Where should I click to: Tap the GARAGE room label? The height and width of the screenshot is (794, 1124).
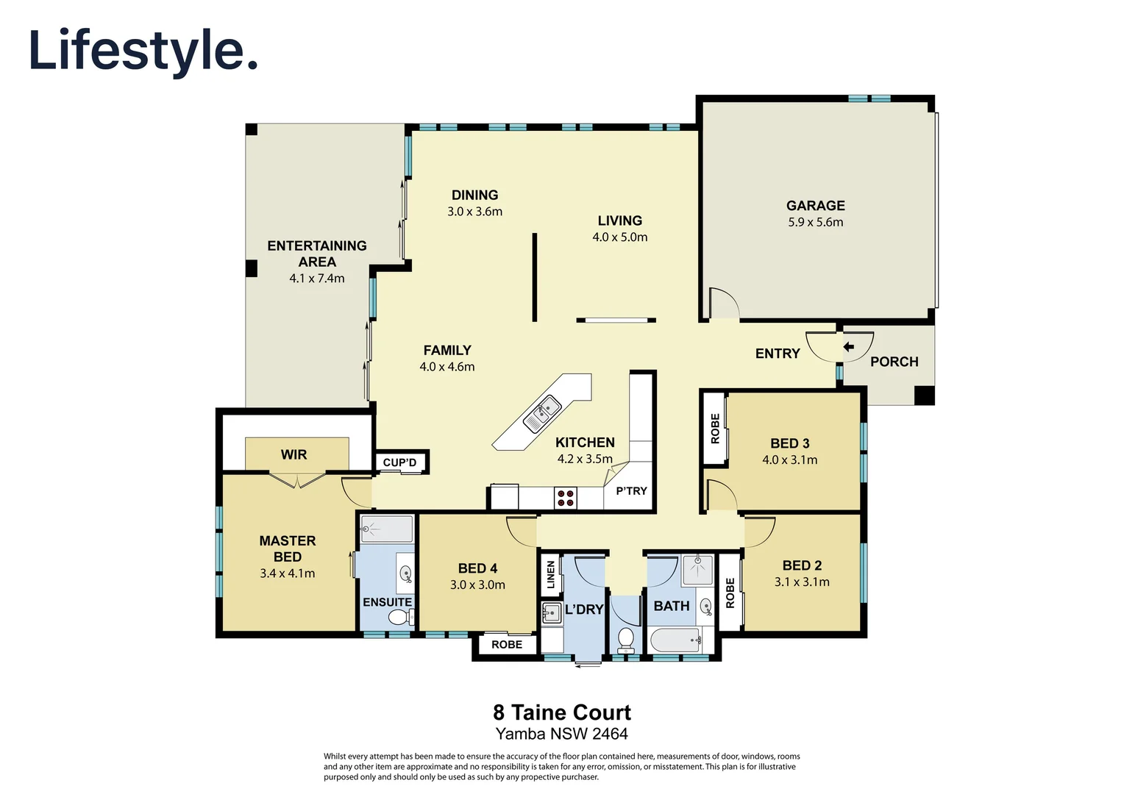(x=815, y=206)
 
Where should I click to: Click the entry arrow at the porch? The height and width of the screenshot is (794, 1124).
(x=848, y=347)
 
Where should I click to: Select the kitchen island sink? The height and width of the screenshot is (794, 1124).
(x=542, y=413)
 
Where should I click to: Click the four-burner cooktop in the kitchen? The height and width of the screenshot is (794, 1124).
(x=566, y=498)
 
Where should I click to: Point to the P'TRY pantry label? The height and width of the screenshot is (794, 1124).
(x=631, y=490)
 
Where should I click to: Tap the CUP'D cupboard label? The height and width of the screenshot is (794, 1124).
(x=399, y=462)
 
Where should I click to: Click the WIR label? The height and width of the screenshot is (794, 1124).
(x=294, y=454)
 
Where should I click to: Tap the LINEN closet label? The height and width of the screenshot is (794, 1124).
(x=550, y=575)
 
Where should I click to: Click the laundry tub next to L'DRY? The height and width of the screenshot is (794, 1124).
(x=551, y=612)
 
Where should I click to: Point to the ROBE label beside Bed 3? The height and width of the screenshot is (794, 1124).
(x=715, y=429)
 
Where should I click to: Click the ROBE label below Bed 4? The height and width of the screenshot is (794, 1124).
(x=507, y=645)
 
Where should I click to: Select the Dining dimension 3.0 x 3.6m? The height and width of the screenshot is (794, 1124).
(x=474, y=212)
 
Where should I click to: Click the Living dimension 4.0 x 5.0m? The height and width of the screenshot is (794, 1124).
(x=619, y=237)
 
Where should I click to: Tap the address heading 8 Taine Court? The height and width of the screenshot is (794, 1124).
(x=561, y=712)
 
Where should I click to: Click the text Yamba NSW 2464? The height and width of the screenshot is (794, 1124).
(x=561, y=734)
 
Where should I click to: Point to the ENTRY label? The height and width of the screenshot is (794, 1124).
(x=777, y=354)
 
